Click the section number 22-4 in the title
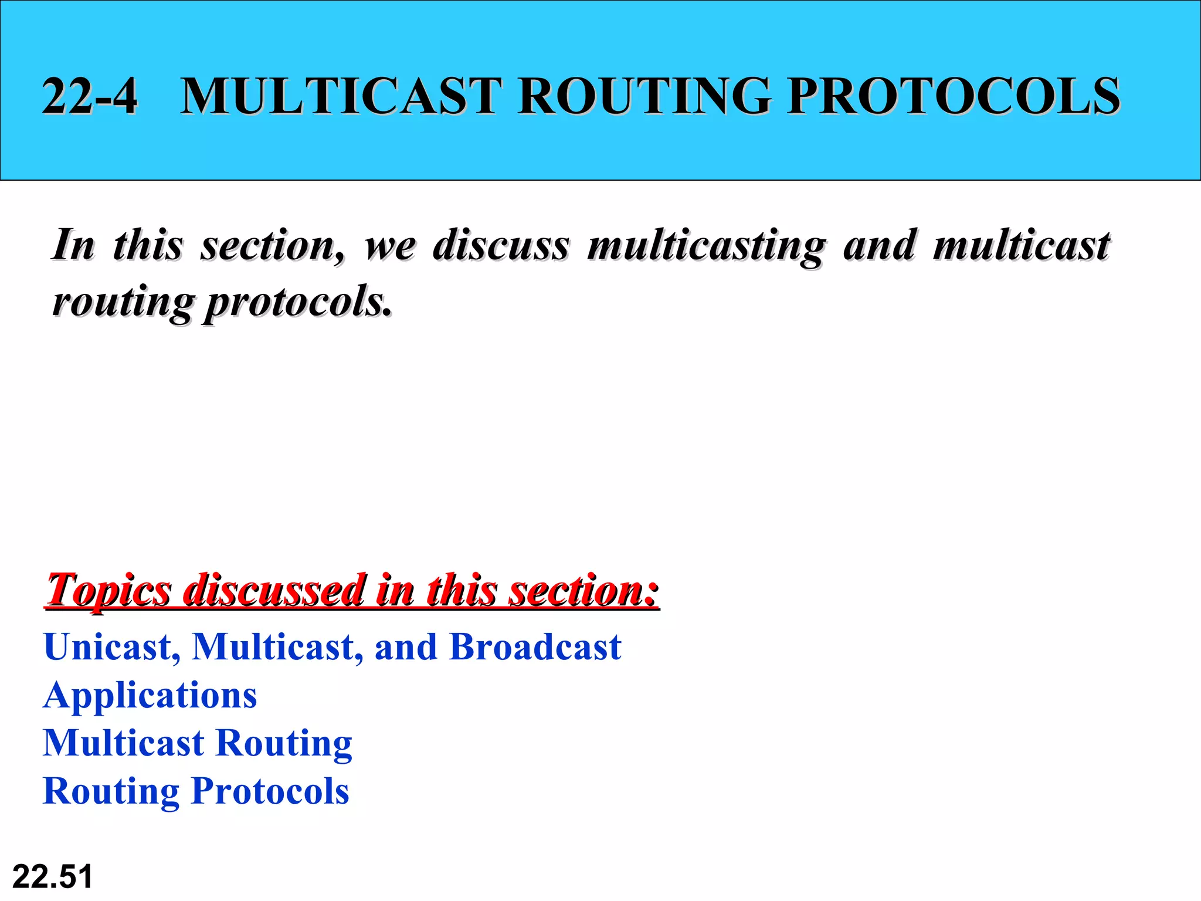click(90, 96)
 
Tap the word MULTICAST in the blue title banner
click(341, 96)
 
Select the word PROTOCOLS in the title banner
click(954, 96)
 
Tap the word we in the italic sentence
click(391, 245)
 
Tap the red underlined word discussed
click(274, 590)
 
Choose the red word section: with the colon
click(583, 590)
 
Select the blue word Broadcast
click(535, 647)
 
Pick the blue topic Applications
click(150, 696)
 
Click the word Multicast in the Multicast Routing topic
click(124, 743)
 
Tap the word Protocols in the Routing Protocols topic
click(270, 791)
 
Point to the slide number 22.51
click(52, 877)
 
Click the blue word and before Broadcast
click(406, 647)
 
